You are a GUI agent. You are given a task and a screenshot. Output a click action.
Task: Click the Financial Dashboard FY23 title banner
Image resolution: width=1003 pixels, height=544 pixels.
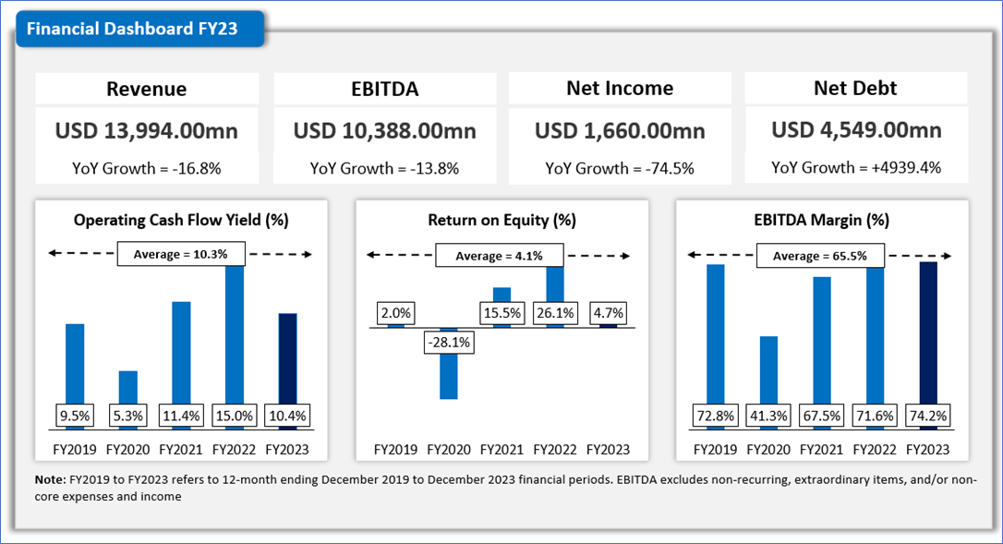click(132, 29)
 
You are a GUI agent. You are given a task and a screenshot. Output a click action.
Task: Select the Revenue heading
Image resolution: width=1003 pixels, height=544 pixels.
click(146, 89)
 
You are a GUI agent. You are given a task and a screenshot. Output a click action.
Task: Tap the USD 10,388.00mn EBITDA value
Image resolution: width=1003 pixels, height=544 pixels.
click(384, 130)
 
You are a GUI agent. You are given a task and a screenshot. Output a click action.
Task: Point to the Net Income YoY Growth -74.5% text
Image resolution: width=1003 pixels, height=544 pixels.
click(620, 168)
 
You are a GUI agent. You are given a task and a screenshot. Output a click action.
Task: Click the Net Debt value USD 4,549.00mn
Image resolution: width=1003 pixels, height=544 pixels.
click(856, 130)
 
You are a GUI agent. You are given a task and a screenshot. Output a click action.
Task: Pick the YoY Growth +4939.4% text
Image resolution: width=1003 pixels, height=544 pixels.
click(856, 168)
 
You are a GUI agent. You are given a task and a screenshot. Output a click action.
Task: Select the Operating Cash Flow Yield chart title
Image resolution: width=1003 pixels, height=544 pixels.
click(181, 221)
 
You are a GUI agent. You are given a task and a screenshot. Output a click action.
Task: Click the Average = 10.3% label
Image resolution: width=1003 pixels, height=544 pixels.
click(181, 253)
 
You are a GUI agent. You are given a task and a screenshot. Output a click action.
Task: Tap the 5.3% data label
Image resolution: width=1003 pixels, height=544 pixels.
click(127, 416)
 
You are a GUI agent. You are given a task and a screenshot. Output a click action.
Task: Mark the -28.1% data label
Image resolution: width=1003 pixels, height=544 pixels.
click(448, 343)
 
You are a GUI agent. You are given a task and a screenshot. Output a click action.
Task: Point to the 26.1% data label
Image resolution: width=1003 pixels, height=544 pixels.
click(554, 313)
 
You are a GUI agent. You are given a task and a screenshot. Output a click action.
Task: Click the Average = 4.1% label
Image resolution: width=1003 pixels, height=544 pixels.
click(501, 255)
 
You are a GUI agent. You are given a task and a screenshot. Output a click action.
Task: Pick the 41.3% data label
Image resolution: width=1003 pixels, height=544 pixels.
click(768, 416)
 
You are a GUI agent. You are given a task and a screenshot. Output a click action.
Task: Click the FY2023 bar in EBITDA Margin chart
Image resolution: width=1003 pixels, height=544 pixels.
click(928, 332)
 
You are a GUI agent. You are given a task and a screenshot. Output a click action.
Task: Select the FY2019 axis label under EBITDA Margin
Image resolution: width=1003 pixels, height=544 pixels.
click(715, 450)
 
